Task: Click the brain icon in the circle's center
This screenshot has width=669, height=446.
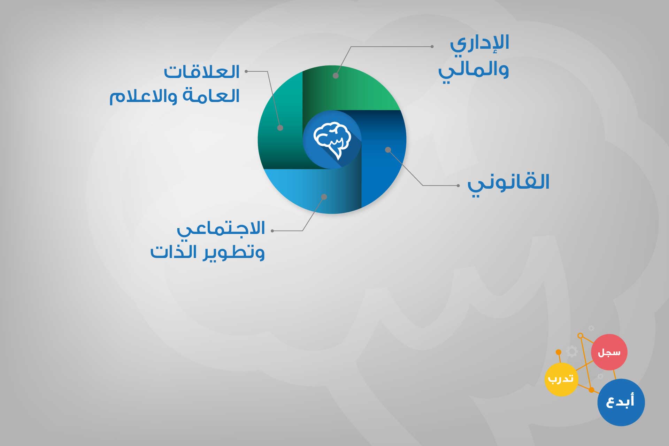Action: click(x=332, y=140)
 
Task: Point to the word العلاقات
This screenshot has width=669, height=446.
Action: click(x=202, y=72)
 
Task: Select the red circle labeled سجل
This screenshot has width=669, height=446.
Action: click(x=609, y=352)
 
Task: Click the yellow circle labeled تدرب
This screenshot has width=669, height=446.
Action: click(x=561, y=379)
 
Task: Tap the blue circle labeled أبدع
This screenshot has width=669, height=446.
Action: click(x=621, y=402)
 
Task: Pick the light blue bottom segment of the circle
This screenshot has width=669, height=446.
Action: click(x=314, y=191)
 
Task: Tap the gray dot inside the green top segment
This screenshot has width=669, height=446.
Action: click(x=336, y=76)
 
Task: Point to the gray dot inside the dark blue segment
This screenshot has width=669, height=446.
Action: click(x=388, y=150)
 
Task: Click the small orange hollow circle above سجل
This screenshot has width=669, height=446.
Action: click(x=580, y=336)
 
